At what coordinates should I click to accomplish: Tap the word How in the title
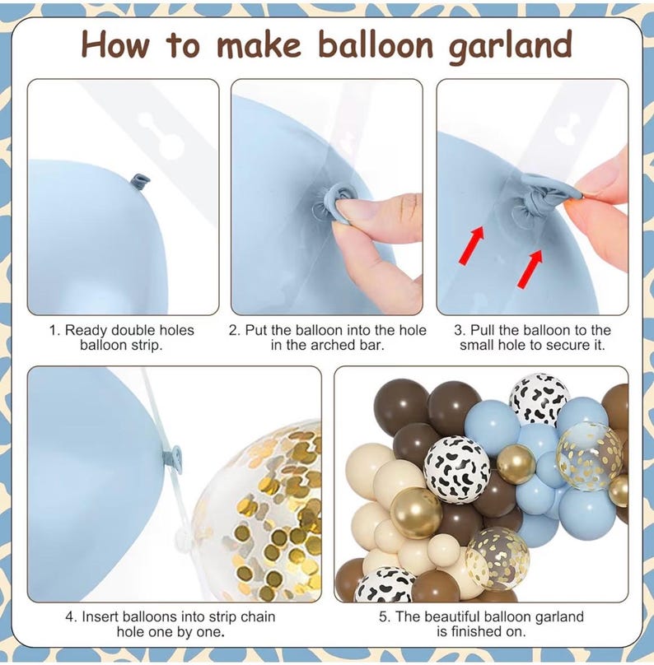pos(115,44)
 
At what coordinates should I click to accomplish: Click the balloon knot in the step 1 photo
pos(142,181)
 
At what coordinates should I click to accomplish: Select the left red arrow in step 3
pos(472,245)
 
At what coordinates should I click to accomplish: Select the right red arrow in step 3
pos(530,269)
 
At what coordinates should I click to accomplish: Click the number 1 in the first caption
pos(54,330)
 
